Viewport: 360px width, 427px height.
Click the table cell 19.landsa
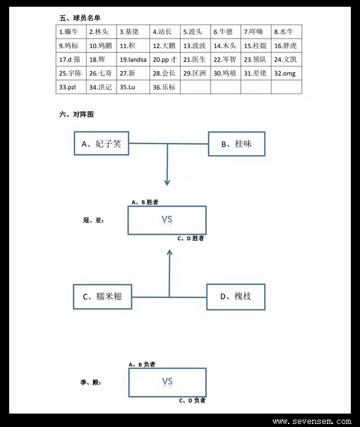133,59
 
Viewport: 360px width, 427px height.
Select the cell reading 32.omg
286,73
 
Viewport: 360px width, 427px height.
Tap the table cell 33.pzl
71,87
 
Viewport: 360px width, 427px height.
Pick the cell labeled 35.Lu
133,87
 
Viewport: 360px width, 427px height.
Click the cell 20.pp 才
165,59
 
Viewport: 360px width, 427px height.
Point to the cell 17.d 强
71,59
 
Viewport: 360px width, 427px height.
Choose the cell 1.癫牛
71,32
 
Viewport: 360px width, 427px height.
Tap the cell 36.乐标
165,87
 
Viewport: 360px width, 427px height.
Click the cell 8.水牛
286,32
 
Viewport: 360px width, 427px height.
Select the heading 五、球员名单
80,18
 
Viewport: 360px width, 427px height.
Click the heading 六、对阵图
76,114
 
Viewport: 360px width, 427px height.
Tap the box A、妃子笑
101,144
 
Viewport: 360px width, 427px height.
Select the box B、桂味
237,144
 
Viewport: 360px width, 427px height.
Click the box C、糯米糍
103,296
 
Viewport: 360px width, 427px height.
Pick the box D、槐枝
236,296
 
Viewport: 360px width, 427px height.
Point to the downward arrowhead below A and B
167,183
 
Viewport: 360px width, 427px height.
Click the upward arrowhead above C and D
170,252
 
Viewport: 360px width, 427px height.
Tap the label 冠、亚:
93,221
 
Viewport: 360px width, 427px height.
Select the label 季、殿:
91,382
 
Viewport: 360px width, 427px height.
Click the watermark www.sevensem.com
312,422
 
